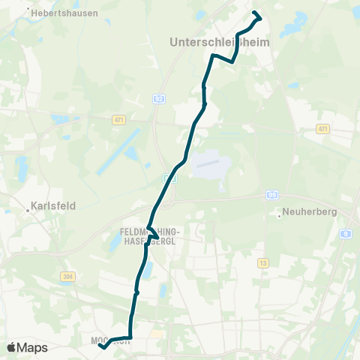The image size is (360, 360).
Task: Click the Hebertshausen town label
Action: point(65,13)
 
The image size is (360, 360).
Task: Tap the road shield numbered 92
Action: point(158,98)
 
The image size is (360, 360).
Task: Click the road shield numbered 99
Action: point(271,195)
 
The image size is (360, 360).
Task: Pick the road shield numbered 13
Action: point(262,263)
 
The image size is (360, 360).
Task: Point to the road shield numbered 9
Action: point(346,234)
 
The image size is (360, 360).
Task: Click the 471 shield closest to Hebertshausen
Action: point(118,119)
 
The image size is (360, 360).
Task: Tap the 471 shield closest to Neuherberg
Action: point(323,128)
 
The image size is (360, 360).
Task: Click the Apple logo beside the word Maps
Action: point(13,347)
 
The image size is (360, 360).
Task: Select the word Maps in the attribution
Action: point(33,347)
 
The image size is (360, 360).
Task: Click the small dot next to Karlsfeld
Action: point(28,211)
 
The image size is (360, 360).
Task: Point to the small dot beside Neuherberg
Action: point(280,217)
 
